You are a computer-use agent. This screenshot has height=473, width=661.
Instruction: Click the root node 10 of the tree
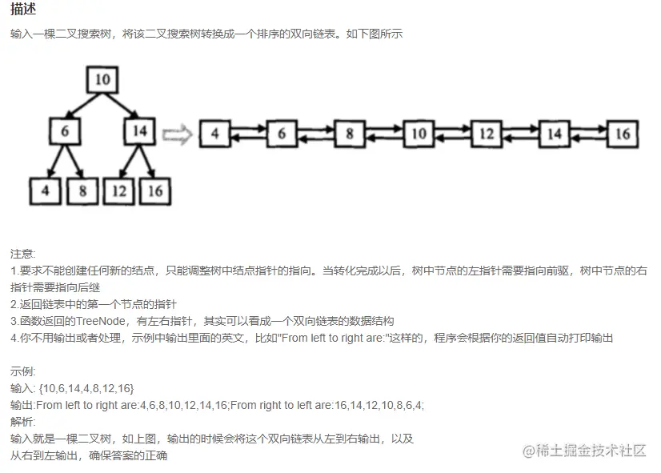coord(102,79)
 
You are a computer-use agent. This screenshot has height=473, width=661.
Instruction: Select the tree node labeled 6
coord(64,130)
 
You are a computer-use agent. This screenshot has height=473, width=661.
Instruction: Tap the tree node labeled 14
coord(139,130)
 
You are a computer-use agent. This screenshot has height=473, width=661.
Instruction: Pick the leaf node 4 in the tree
coord(45,190)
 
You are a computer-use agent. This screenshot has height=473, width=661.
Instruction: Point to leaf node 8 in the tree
coord(82,190)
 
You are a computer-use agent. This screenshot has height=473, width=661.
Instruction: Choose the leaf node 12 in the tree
coord(119,190)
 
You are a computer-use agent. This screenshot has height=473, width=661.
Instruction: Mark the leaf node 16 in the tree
coord(156,190)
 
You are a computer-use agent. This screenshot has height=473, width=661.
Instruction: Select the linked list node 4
coord(214,134)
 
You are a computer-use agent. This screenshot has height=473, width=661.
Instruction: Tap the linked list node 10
coord(418,134)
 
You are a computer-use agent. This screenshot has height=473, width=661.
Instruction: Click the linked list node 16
coord(622,134)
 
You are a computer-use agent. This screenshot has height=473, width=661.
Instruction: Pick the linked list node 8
coord(350,134)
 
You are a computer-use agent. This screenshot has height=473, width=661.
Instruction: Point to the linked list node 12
coord(486,134)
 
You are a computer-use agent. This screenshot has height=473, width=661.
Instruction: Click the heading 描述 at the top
coord(22,10)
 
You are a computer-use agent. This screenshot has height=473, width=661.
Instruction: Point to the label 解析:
coord(23,422)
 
